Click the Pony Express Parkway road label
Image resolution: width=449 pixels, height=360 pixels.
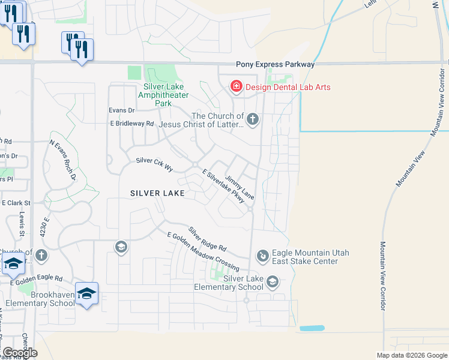point(276,64)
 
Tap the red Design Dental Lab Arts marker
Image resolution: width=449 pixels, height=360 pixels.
point(237,87)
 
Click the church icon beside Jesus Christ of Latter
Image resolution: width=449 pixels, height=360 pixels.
point(252,119)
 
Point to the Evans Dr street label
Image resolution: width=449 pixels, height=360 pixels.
point(121,110)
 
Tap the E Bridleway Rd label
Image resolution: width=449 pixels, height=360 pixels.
point(132,124)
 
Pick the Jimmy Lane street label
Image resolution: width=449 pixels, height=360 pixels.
point(240,188)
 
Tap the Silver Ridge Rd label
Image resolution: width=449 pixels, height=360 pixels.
point(207,239)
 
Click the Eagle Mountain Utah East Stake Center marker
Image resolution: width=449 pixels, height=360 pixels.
point(262,256)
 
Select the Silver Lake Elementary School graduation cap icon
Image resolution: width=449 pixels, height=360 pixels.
point(272,282)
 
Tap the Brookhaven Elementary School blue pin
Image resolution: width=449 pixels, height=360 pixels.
point(86,294)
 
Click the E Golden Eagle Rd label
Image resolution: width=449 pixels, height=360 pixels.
point(36,279)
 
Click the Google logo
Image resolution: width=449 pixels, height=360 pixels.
point(20,353)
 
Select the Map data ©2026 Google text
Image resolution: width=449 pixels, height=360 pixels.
point(411,355)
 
